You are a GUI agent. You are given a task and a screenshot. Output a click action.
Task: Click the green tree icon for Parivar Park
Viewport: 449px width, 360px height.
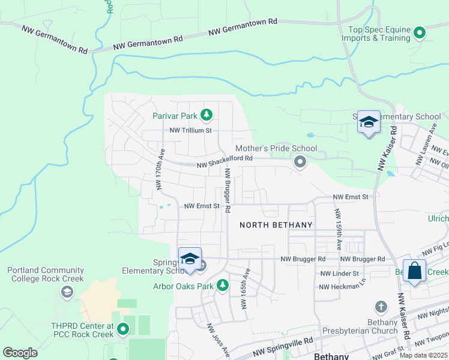point(206,114)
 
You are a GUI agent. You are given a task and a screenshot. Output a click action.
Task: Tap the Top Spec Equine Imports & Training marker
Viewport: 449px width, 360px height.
point(420,32)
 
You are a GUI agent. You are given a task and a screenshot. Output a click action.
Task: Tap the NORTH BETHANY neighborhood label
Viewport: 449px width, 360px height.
point(276,225)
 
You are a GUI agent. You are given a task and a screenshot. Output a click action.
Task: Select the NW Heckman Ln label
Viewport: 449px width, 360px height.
point(342,286)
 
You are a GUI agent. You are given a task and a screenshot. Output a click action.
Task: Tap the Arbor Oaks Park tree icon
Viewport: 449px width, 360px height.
point(223,284)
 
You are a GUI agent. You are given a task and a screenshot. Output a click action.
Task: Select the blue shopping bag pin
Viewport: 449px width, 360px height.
point(414,271)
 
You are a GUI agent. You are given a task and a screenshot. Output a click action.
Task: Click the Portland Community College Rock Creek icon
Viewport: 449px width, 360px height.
point(67,292)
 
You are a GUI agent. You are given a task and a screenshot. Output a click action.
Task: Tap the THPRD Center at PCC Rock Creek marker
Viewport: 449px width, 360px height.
point(123,329)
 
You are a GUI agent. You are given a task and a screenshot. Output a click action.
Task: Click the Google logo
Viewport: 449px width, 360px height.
point(20,353)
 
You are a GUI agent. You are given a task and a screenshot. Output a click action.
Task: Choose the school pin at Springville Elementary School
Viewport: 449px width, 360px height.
point(190,259)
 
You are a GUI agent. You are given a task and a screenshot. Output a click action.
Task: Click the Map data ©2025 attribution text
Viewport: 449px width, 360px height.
point(423,355)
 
